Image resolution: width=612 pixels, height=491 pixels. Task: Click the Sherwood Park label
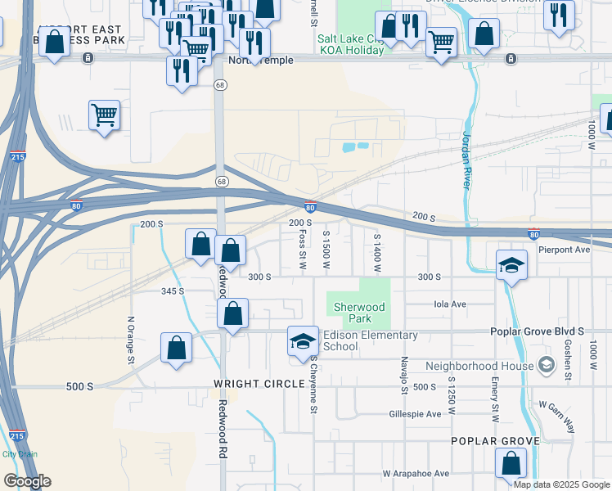[358, 313]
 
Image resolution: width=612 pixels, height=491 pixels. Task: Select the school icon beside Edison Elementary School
[303, 341]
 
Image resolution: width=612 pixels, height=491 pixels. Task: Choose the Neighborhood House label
[479, 366]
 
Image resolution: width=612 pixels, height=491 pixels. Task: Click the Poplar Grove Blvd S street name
[537, 331]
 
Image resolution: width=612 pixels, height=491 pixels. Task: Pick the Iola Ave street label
[450, 304]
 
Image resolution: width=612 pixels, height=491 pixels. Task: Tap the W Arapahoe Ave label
[416, 473]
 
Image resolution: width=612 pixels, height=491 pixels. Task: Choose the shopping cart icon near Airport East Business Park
[105, 116]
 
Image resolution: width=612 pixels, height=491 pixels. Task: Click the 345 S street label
[173, 291]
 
